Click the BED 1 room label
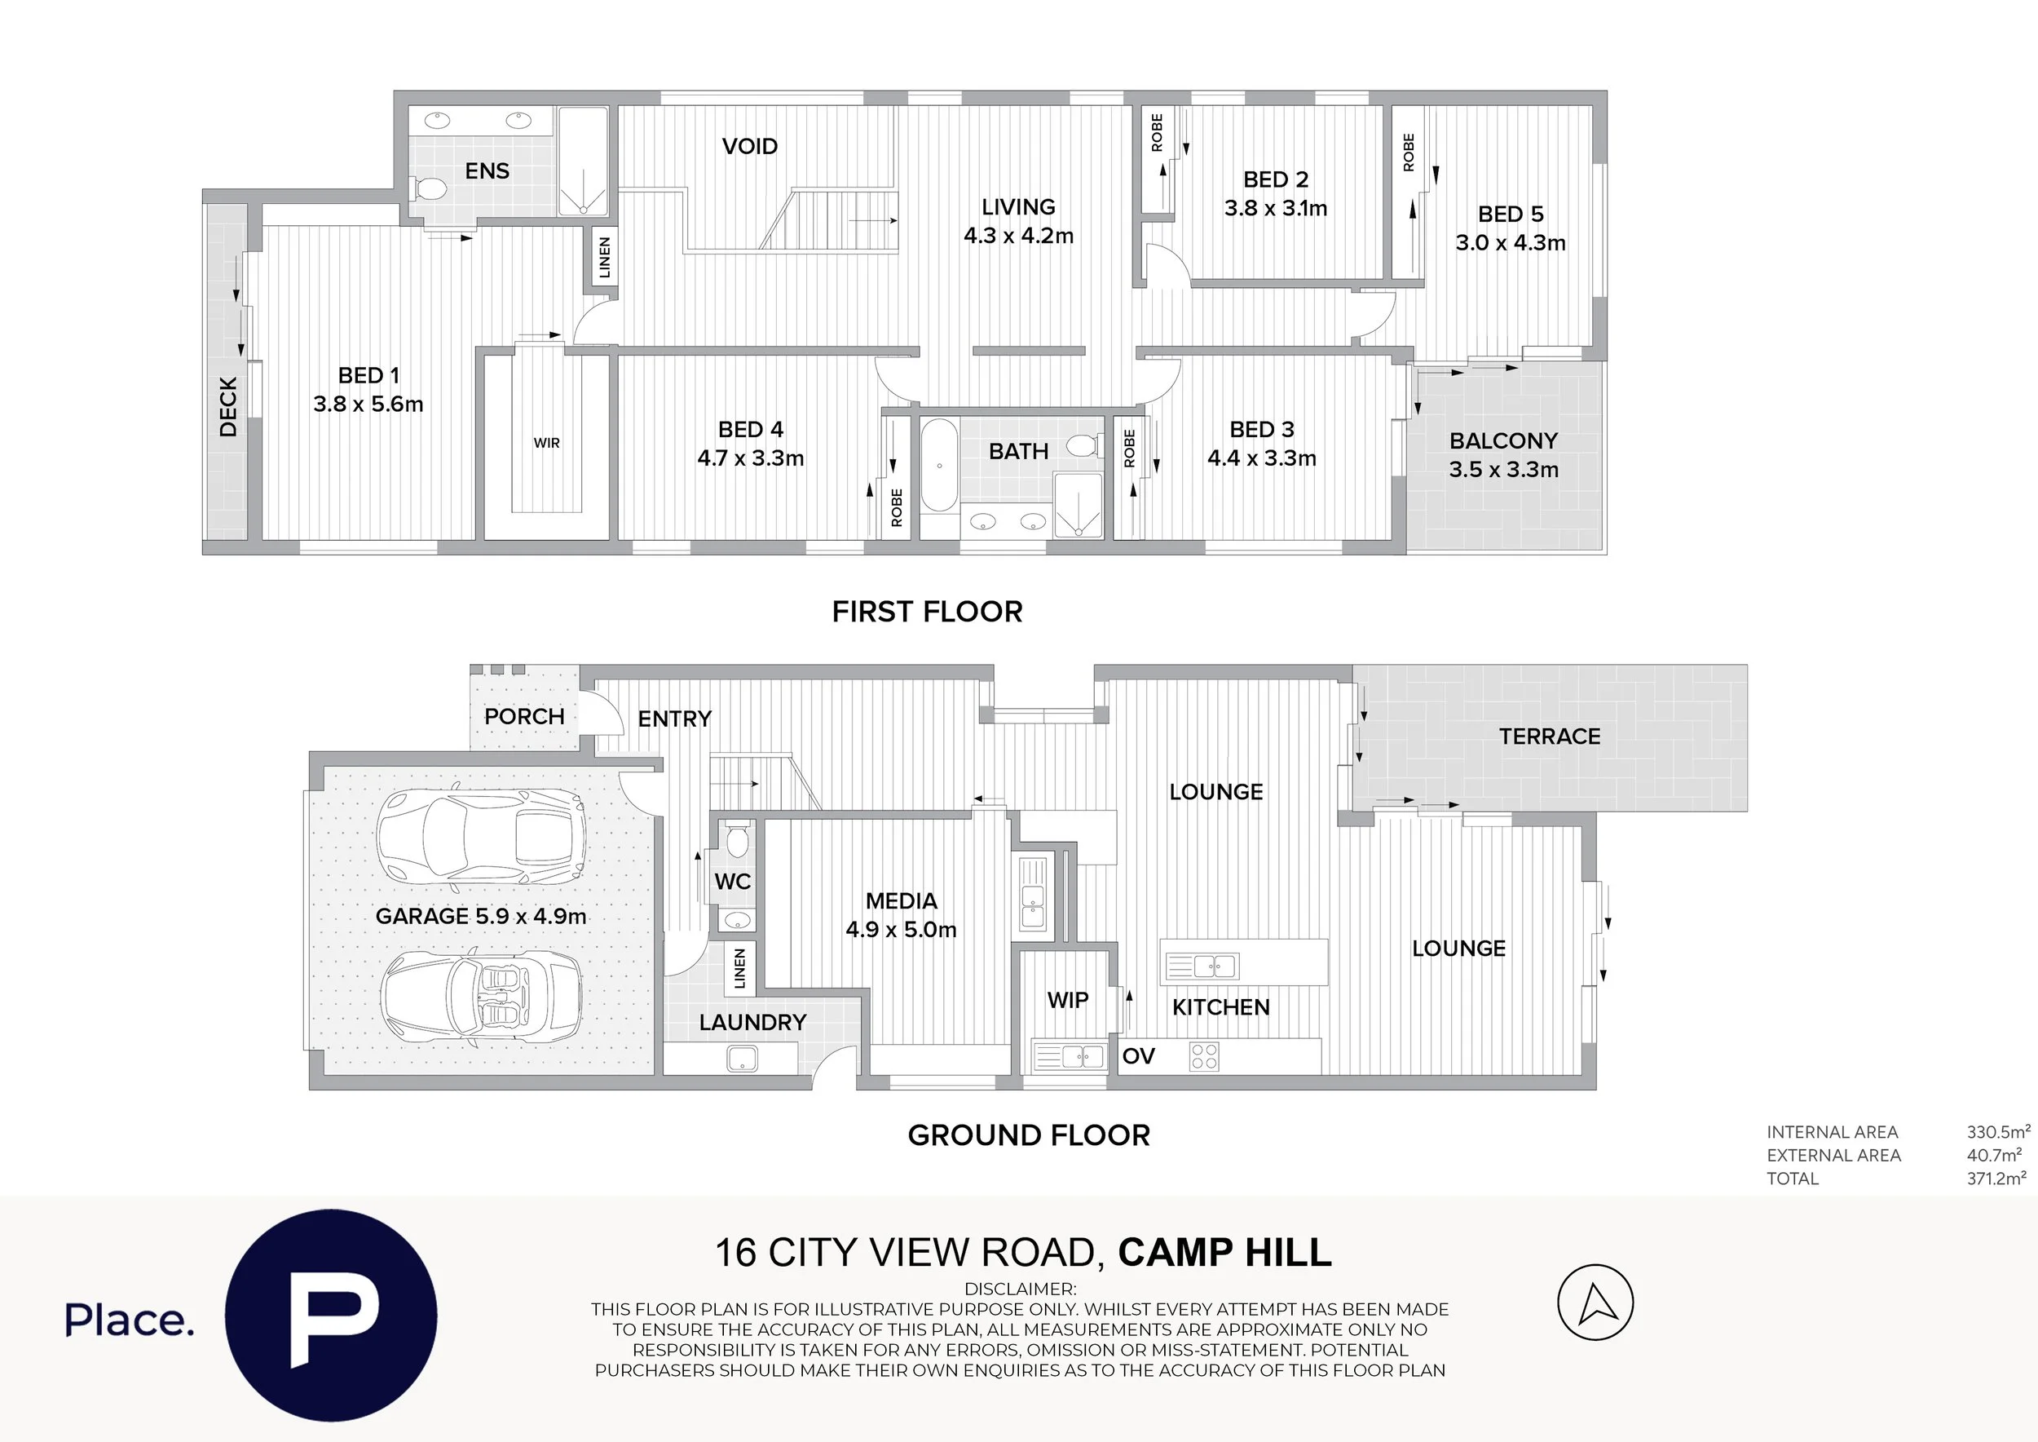tap(368, 390)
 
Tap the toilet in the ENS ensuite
tap(430, 188)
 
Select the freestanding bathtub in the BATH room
tap(938, 465)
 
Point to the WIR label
tap(546, 443)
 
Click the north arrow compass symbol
tap(1595, 1303)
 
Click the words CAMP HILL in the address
tap(1224, 1253)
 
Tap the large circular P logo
tap(330, 1315)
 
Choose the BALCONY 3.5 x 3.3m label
tap(1504, 454)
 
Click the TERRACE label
tap(1549, 736)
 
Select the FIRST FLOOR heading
tap(927, 612)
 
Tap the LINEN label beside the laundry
tap(739, 968)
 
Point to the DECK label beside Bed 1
tap(228, 407)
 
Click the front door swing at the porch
tap(595, 714)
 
